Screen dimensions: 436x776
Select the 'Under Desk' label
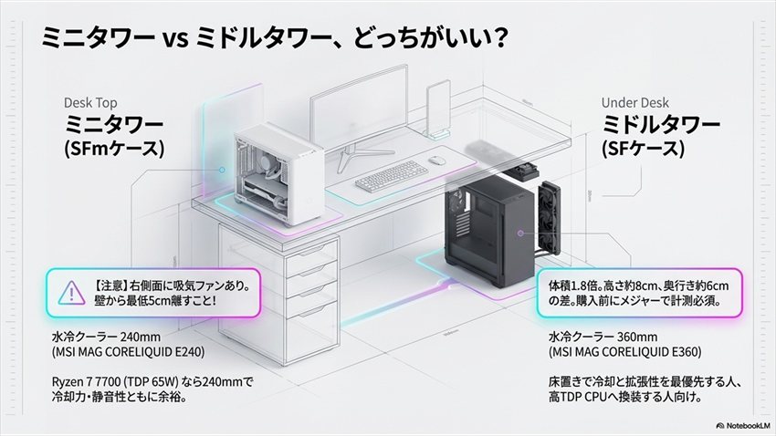(634, 103)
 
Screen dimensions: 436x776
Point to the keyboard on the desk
(396, 181)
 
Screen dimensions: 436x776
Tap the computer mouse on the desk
(438, 161)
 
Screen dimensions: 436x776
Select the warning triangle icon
(68, 293)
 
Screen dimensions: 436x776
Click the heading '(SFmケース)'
(114, 150)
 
